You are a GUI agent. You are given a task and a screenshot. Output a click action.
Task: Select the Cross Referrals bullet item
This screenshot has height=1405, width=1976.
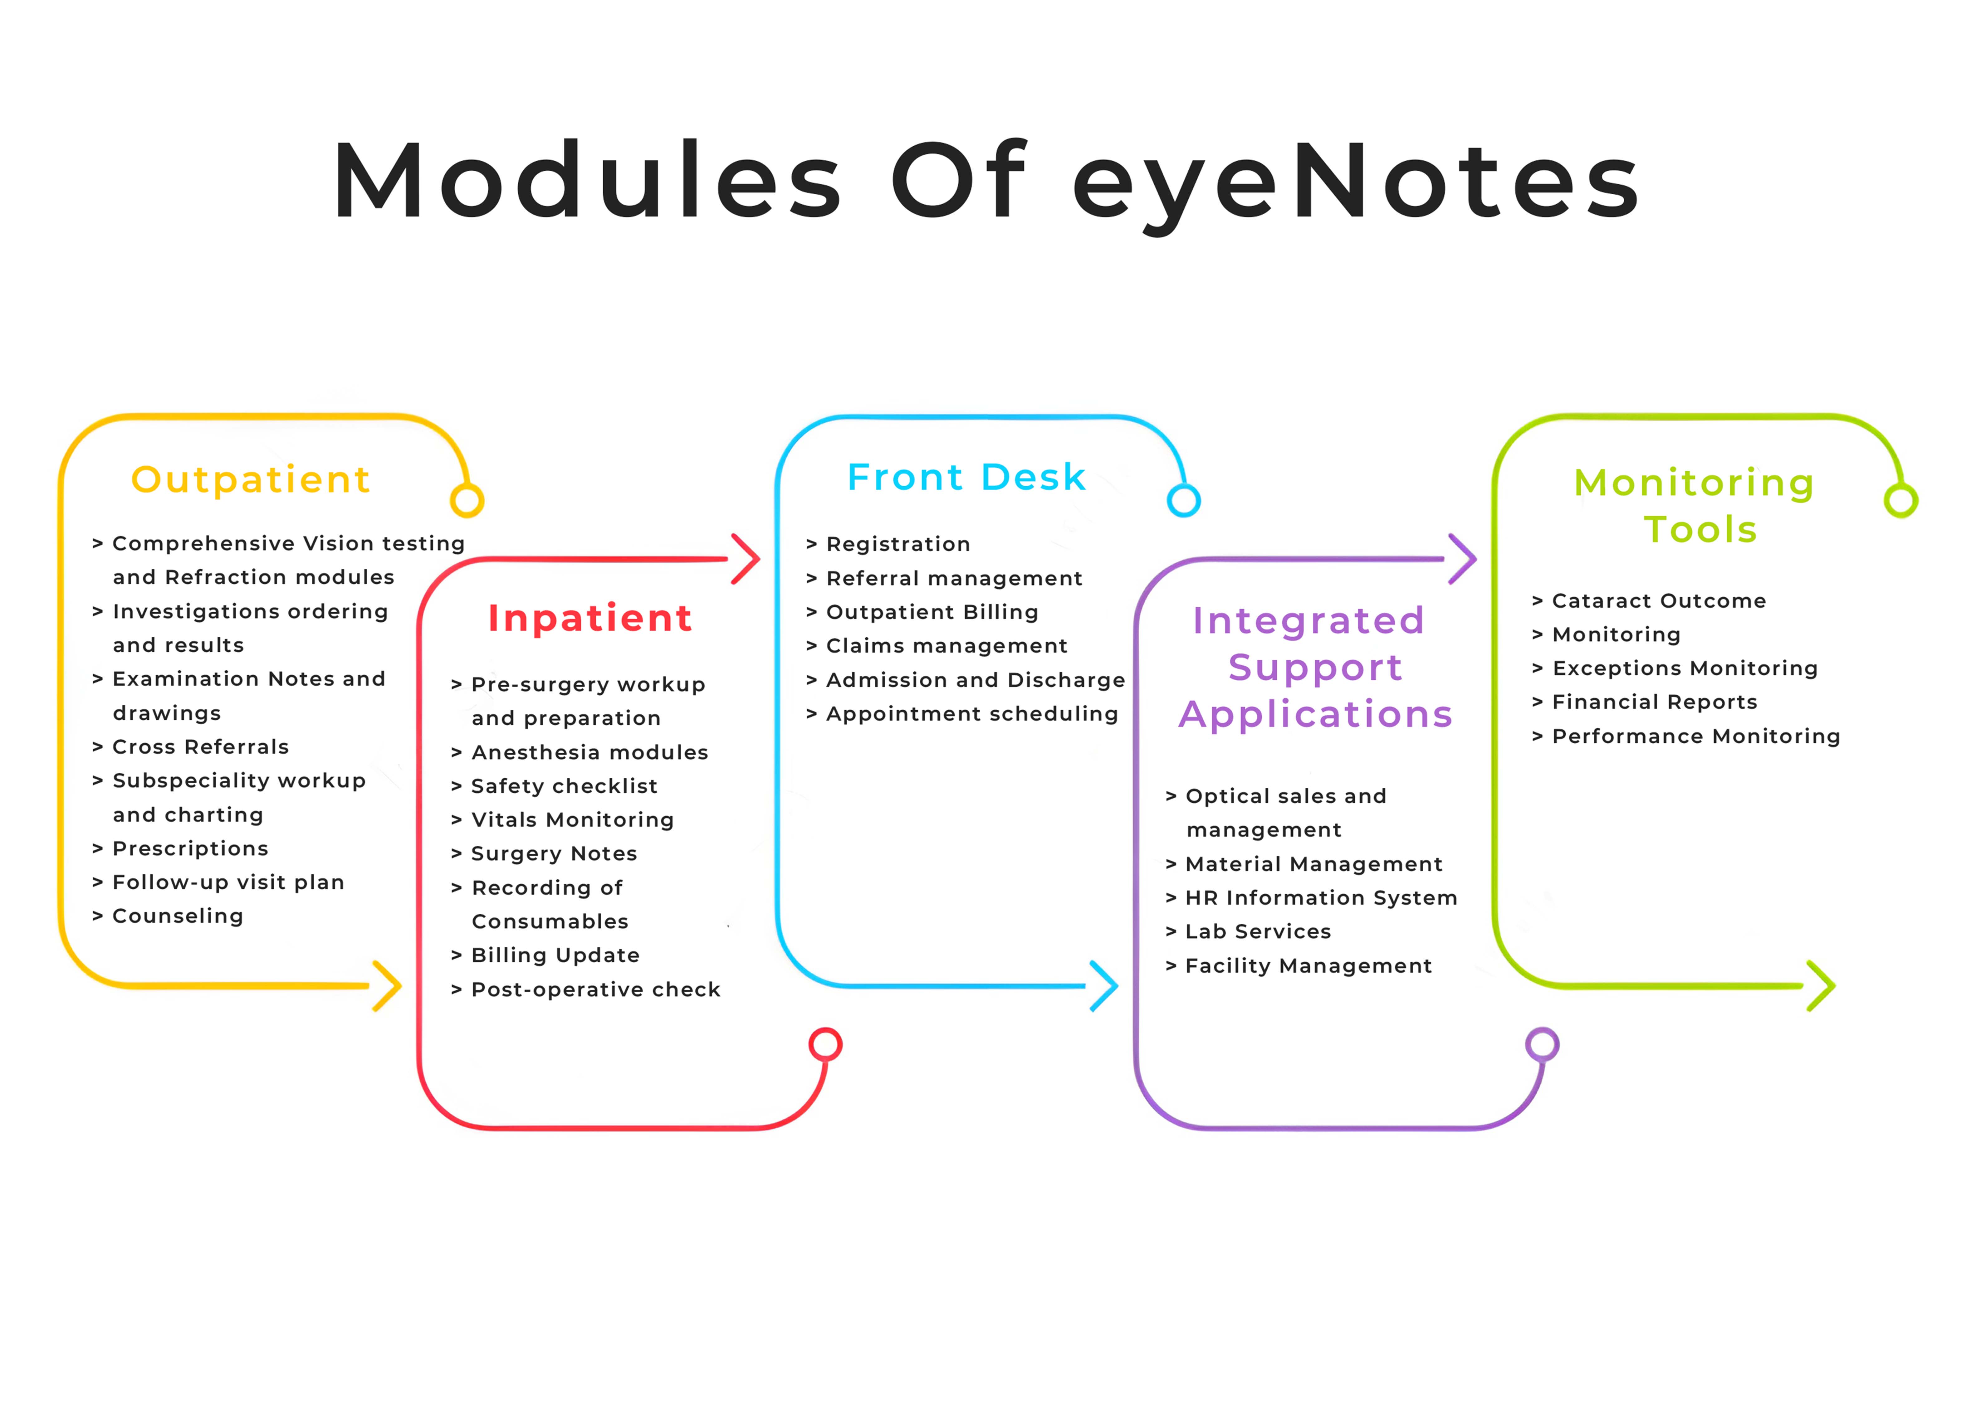[200, 746]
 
